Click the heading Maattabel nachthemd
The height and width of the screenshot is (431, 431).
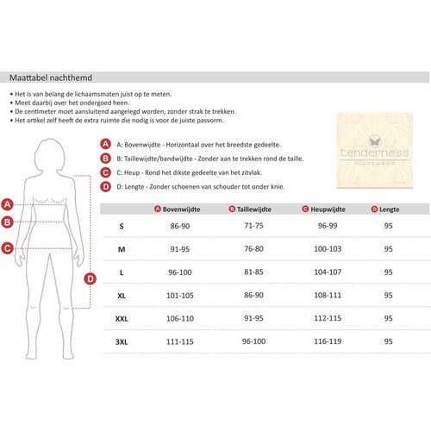click(51, 78)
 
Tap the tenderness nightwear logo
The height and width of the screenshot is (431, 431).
click(375, 151)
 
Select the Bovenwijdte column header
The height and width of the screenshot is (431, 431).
click(181, 209)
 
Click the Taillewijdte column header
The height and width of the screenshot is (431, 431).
click(254, 209)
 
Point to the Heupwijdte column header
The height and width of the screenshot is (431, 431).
click(328, 209)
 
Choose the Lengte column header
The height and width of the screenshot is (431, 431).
click(390, 209)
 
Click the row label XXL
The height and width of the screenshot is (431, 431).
click(122, 319)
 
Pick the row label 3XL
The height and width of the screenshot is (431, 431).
click(122, 342)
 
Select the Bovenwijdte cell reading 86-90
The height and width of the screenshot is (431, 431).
click(180, 226)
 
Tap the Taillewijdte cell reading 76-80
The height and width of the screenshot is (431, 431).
click(253, 249)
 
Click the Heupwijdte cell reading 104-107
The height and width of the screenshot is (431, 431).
click(328, 272)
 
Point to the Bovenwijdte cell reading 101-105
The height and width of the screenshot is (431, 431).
click(180, 296)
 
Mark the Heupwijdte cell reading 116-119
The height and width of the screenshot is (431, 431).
click(328, 341)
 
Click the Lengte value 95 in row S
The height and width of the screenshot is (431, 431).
click(388, 226)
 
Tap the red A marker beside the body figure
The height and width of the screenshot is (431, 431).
click(8, 204)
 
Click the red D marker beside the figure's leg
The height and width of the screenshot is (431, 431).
click(90, 278)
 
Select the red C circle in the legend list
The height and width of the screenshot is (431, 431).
click(105, 172)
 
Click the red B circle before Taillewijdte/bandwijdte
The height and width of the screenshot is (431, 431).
click(105, 159)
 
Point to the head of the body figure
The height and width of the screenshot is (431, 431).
click(50, 155)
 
